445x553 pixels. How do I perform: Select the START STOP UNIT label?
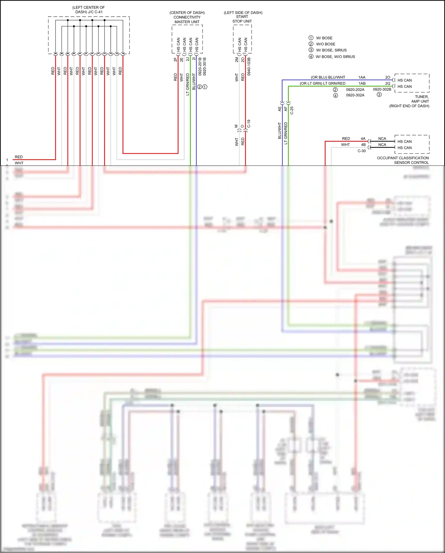[242, 19]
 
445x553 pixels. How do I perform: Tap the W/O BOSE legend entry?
[325, 44]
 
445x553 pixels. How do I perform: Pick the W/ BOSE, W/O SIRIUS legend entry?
[335, 56]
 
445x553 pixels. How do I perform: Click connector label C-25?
[292, 110]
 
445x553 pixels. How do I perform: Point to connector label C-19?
[249, 124]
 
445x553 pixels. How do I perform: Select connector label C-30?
[362, 151]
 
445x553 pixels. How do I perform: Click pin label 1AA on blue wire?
[362, 77]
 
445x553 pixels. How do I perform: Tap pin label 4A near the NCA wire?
[363, 138]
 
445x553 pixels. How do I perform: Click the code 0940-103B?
[249, 66]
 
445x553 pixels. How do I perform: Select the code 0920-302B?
[382, 89]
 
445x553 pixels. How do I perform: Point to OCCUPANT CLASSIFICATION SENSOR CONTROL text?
[403, 160]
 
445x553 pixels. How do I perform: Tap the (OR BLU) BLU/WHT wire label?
[328, 77]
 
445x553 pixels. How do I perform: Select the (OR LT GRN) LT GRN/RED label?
[322, 83]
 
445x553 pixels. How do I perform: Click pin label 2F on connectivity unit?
[175, 59]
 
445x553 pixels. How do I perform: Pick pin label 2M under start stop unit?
[237, 60]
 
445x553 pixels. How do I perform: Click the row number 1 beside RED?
[7, 160]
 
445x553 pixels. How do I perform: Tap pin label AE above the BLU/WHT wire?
[279, 109]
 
